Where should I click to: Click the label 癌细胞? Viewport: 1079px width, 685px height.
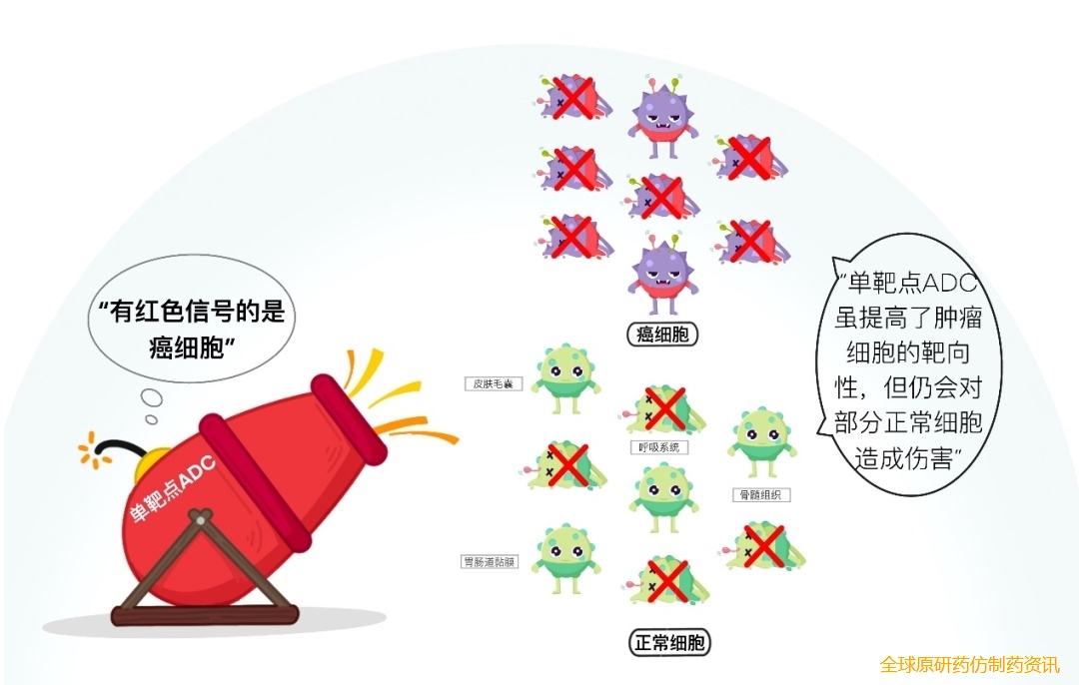662,335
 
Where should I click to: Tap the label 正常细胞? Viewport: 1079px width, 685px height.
671,643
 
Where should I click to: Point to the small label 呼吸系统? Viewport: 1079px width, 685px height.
658,447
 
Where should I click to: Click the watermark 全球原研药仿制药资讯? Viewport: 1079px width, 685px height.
969,664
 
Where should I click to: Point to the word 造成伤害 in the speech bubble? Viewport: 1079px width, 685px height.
908,459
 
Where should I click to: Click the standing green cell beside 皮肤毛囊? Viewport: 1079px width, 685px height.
565,380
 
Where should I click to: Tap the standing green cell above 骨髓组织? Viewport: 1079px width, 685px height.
762,442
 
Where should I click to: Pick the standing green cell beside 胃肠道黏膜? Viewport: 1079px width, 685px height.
565,560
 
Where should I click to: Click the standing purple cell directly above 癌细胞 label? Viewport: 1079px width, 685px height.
662,275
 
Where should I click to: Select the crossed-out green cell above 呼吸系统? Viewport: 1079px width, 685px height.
662,409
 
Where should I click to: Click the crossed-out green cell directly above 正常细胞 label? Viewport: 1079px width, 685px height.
667,582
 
